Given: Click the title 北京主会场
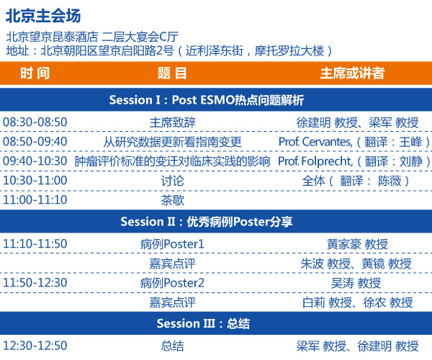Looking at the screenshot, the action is click(43, 16).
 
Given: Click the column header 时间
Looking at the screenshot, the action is click(35, 73).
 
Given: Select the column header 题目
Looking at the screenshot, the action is click(172, 73).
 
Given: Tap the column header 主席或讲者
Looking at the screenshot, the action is click(352, 73).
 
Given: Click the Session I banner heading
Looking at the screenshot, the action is click(207, 99).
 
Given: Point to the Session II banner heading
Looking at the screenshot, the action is click(207, 222).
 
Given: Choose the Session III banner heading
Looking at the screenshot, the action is click(203, 323).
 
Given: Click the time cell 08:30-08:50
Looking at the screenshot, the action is click(35, 122).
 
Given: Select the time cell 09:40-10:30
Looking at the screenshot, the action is click(35, 161).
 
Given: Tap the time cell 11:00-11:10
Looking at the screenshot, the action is click(35, 199).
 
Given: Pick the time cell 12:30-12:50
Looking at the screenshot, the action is click(35, 346).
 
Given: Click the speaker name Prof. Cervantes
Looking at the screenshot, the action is click(315, 142).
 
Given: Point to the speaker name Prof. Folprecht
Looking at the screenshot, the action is click(315, 161).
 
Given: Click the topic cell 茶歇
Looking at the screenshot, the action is click(173, 200).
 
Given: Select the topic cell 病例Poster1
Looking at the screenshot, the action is click(172, 244).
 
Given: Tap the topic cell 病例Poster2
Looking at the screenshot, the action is click(172, 283).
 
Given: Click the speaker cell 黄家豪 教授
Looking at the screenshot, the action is click(357, 244).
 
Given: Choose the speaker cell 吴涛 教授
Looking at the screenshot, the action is click(356, 283).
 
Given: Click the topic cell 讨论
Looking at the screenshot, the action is click(173, 181).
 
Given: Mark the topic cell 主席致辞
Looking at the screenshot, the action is click(173, 122).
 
